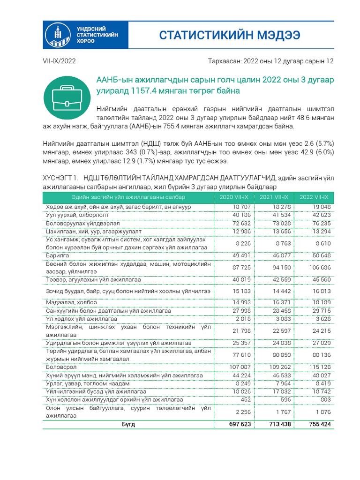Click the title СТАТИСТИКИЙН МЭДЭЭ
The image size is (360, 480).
point(229,36)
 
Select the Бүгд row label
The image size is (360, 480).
point(128,424)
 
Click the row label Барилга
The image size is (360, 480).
point(57,255)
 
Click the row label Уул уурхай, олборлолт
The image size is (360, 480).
point(78,215)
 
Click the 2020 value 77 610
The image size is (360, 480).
point(241,355)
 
